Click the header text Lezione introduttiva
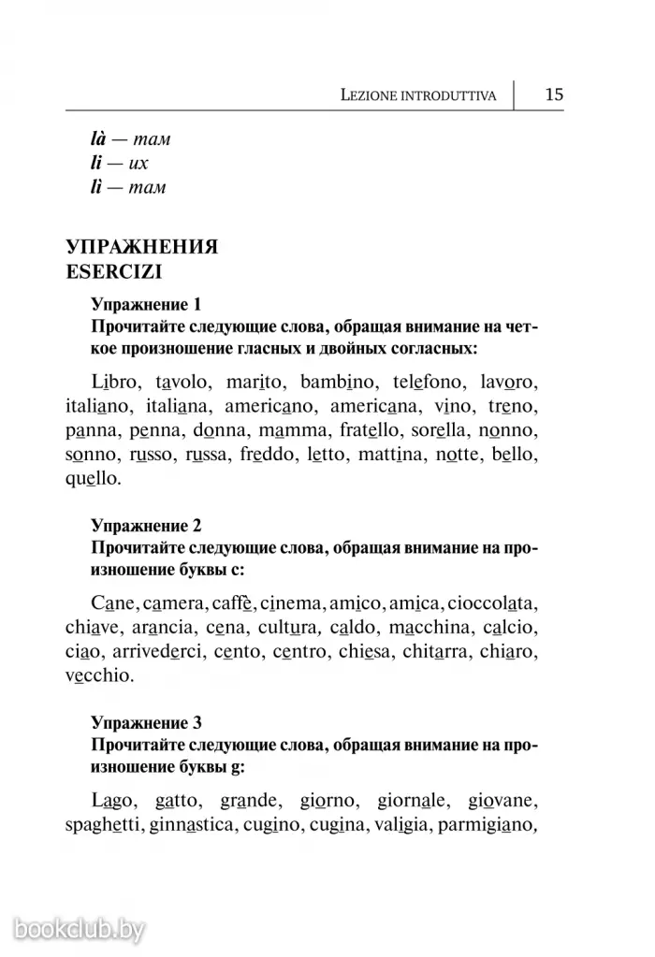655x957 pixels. (418, 95)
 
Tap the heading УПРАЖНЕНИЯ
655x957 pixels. (141, 248)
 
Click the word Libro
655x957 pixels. (116, 384)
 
